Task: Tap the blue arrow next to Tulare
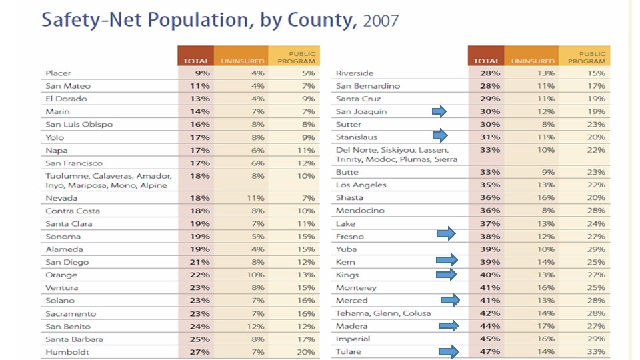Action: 449,351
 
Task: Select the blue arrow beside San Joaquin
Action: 439,111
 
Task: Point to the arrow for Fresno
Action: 445,233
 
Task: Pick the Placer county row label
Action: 58,73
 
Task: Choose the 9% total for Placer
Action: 203,73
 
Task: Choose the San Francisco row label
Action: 74,163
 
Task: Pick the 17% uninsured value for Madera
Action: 546,326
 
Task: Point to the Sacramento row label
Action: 71,313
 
